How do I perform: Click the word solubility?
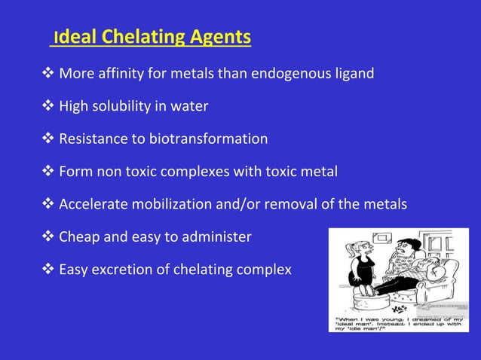tap(122, 106)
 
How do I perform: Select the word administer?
tap(216, 237)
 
